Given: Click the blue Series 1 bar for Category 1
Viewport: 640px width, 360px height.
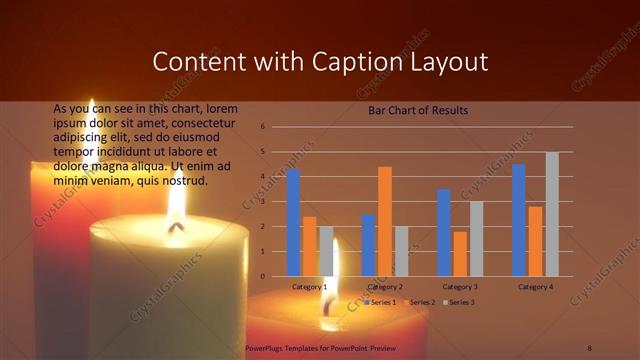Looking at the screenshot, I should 293,223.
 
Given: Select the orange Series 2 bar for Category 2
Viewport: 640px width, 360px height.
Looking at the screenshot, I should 385,221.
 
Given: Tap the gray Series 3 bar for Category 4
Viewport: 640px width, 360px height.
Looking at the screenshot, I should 552,214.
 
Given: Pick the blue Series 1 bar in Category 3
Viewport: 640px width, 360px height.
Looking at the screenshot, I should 444,232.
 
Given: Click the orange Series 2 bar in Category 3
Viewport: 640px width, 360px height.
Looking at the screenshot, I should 460,254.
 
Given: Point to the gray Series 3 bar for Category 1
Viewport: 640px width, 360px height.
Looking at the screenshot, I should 326,251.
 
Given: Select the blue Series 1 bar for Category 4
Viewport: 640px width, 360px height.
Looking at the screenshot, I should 519,220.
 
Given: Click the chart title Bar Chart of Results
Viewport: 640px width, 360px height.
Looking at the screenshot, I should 418,109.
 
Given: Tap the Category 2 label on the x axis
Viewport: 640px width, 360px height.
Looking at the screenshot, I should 385,287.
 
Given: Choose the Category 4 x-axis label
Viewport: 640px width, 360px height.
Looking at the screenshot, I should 535,287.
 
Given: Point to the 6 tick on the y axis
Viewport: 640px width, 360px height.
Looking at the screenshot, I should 262,127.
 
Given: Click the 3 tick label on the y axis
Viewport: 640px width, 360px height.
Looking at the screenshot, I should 262,201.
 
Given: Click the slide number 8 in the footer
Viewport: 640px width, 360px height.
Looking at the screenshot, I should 590,346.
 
